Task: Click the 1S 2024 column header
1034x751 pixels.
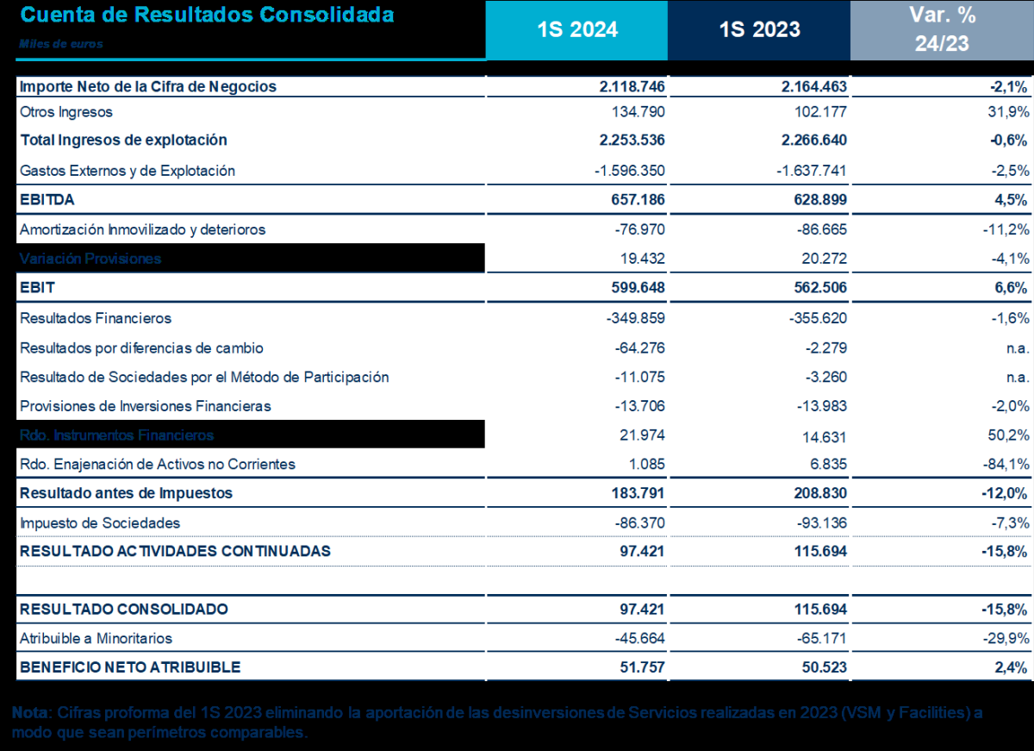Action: (577, 29)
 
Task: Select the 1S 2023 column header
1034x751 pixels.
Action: (759, 29)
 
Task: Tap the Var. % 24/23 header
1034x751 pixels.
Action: (942, 29)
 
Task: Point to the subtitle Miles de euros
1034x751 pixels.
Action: (60, 44)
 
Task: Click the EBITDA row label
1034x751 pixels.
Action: (47, 200)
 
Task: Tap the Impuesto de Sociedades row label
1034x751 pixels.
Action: (100, 523)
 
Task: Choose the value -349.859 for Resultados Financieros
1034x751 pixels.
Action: (636, 318)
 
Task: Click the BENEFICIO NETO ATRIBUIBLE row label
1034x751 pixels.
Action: (130, 667)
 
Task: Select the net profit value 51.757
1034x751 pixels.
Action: (641, 667)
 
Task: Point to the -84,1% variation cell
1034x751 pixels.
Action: (1007, 464)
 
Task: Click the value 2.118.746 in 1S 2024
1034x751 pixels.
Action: (632, 86)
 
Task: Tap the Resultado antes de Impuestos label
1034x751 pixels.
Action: (126, 493)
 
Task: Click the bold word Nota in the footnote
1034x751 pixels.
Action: (28, 713)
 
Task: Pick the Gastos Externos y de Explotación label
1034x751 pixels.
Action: (128, 171)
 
